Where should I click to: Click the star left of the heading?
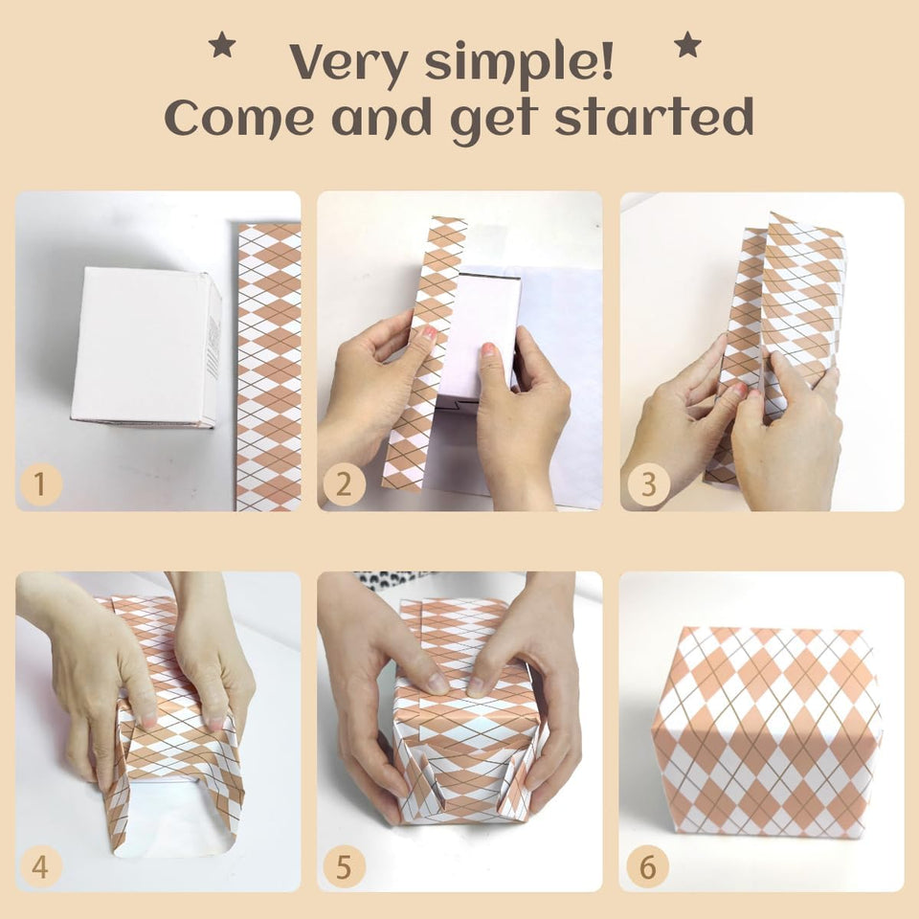point(222,45)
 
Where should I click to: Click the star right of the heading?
point(687,45)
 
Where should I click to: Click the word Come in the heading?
point(239,118)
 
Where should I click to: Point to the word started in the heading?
point(654,116)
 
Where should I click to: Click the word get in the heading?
point(494,121)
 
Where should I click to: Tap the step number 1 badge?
point(40,485)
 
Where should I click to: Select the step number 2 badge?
point(344,485)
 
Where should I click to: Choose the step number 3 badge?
point(648,485)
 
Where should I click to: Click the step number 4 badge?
point(40,867)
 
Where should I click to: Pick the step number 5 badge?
point(344,867)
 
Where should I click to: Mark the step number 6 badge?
point(648,867)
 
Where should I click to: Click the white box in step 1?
point(146,347)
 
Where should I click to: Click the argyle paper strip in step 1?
point(269,367)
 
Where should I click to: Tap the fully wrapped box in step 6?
point(767,731)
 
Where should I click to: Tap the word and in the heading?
point(382,117)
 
